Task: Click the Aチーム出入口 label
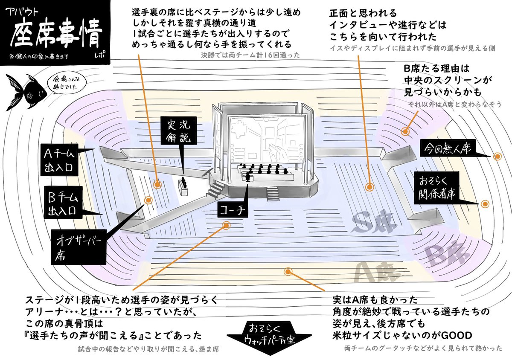(60, 159)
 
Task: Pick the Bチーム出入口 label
(60, 203)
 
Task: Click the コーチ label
(233, 209)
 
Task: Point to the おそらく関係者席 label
(435, 187)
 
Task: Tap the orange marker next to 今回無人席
(497, 157)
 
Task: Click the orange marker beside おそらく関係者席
(485, 204)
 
